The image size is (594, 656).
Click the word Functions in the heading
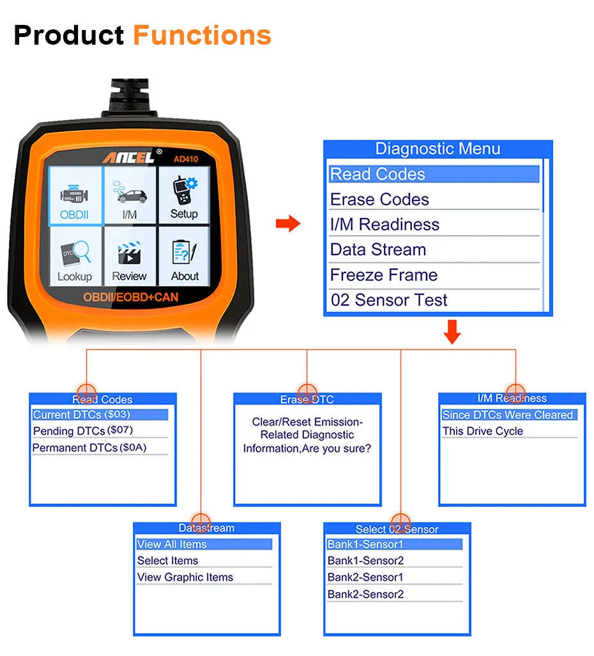pyautogui.click(x=202, y=35)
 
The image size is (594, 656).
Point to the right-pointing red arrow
pyautogui.click(x=288, y=224)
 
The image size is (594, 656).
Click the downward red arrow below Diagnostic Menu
pyautogui.click(x=452, y=332)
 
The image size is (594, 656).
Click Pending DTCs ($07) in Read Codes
pyautogui.click(x=83, y=431)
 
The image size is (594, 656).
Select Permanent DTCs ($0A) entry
pyautogui.click(x=89, y=448)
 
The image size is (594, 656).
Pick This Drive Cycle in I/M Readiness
pyautogui.click(x=483, y=431)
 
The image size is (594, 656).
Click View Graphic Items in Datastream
pyautogui.click(x=185, y=578)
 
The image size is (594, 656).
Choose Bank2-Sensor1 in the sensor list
pyautogui.click(x=365, y=578)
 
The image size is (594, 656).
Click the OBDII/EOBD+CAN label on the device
pyautogui.click(x=130, y=297)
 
